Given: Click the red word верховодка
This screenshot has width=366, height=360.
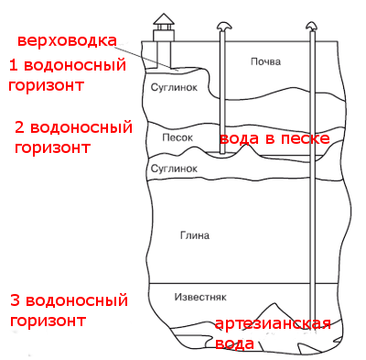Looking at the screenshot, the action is (x=74, y=40).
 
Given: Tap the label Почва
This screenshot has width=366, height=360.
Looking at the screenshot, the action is (x=266, y=61).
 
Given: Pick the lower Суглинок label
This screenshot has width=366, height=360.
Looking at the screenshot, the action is (x=174, y=169).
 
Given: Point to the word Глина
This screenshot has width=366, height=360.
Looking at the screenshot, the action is (x=198, y=236).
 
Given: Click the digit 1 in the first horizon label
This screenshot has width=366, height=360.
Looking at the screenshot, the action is (x=13, y=66).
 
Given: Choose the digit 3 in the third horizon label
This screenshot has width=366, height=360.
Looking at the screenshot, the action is (x=15, y=300).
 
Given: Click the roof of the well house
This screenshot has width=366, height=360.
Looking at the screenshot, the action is (x=163, y=20).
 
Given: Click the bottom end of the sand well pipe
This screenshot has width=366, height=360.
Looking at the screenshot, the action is (x=221, y=153).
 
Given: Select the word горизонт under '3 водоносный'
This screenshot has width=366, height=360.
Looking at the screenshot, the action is (x=48, y=321).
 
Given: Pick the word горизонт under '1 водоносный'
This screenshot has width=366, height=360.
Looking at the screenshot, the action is (x=46, y=85).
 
